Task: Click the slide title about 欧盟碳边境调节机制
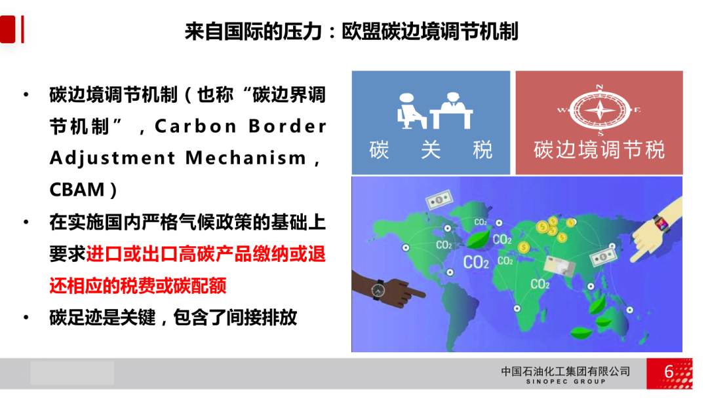351,31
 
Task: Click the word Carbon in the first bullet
195,126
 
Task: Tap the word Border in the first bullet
288,126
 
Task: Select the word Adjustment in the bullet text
113,158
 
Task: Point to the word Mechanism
246,158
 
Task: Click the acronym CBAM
77,190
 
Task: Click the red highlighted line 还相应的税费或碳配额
138,286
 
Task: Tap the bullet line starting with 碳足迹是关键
173,317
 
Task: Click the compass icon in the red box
599,110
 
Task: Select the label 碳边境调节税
599,150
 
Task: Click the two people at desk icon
435,111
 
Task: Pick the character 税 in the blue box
482,150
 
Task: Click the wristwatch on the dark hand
378,290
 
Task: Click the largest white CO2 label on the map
476,262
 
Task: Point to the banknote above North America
439,199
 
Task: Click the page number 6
669,372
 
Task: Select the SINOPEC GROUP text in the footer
566,382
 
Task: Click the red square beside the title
8,29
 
